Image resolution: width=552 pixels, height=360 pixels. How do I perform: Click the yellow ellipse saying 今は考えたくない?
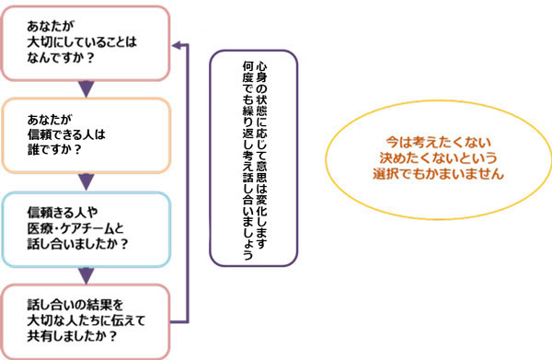click(x=439, y=157)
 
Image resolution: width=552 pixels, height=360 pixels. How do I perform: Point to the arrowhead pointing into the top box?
click(x=180, y=43)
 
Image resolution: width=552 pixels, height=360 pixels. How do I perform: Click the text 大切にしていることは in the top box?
click(x=82, y=42)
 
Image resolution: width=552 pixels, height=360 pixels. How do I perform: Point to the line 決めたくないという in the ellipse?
click(x=439, y=157)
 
